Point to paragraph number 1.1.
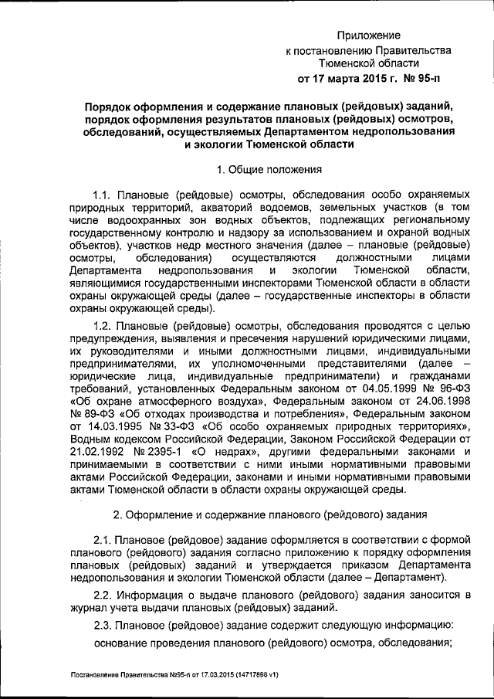pos(103,194)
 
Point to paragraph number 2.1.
pos(103,538)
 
